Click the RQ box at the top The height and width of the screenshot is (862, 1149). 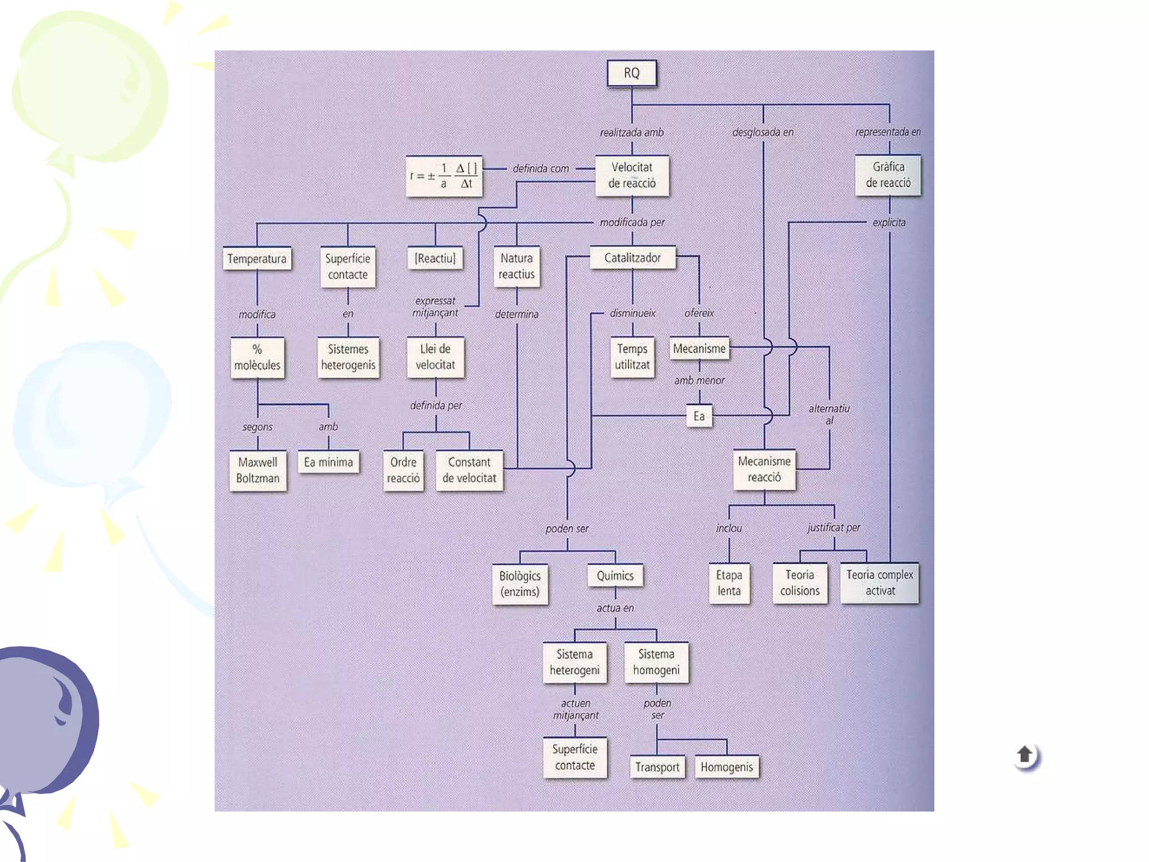click(x=632, y=74)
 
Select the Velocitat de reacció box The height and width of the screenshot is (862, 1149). click(x=632, y=176)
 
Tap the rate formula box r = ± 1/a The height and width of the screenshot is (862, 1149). click(x=444, y=176)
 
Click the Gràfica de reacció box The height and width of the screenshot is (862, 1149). click(x=888, y=175)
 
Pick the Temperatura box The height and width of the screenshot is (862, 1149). click(x=257, y=259)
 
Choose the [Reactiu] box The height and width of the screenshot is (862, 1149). click(x=435, y=258)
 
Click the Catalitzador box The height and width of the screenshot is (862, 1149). click(x=632, y=258)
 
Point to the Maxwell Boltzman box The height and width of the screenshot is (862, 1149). click(x=258, y=470)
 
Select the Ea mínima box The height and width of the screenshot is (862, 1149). click(x=328, y=462)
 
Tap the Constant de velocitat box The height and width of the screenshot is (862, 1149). click(x=469, y=470)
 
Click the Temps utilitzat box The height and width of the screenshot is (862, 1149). click(x=632, y=357)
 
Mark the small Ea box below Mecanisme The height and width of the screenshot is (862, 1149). click(x=699, y=416)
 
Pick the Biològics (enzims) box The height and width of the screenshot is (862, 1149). click(x=520, y=584)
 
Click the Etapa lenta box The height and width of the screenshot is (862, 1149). click(x=729, y=583)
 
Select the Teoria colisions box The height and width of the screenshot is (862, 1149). click(x=799, y=583)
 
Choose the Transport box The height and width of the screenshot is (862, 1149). click(x=657, y=767)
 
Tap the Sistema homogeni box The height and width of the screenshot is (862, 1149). click(x=656, y=662)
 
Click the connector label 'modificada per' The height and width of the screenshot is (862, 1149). click(x=632, y=222)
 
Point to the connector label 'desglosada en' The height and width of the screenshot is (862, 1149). click(x=762, y=132)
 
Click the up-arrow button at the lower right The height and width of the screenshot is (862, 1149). click(x=1025, y=755)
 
